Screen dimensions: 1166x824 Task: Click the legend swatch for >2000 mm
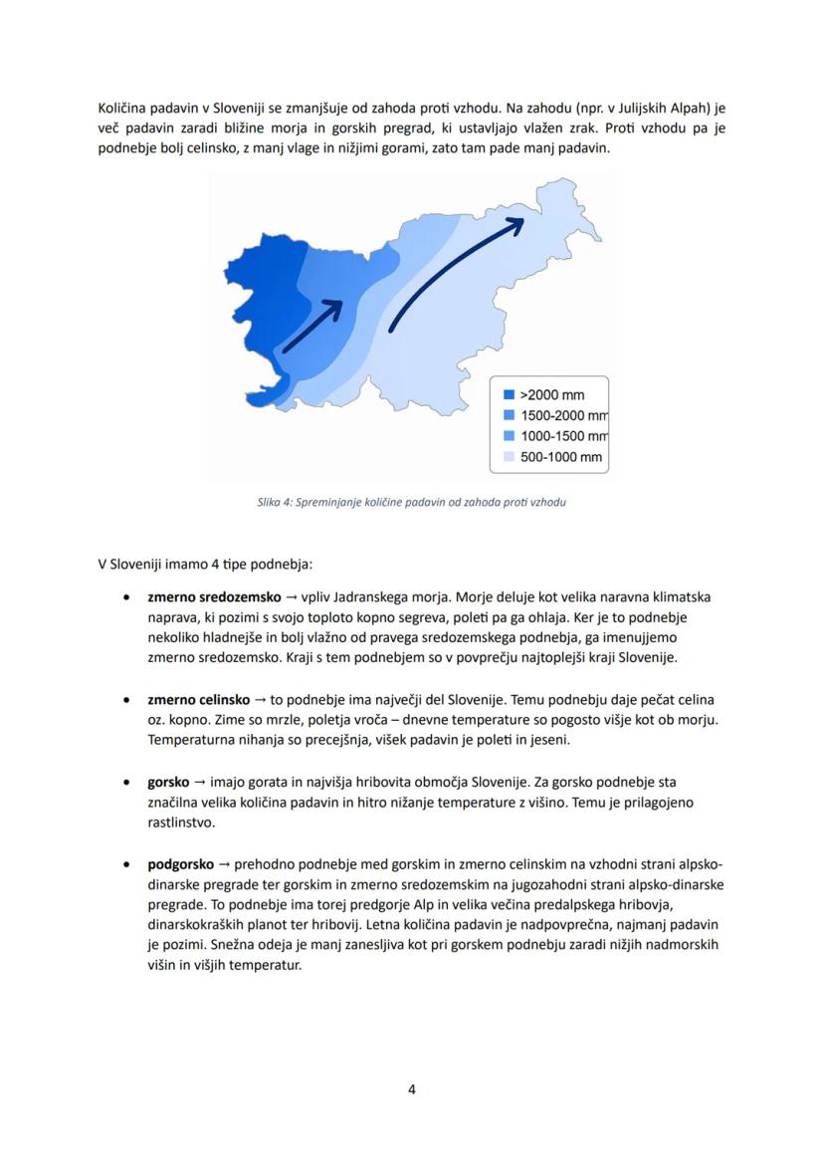point(509,394)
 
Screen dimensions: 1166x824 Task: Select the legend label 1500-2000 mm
point(563,415)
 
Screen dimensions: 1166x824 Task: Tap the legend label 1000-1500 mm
point(563,436)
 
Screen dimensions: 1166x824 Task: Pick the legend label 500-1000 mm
point(561,457)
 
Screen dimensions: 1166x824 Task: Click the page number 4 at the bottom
point(412,1089)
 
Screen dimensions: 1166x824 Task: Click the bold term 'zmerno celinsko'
point(199,700)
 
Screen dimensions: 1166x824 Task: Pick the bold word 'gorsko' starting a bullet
point(168,782)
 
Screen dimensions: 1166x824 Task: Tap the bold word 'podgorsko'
point(181,863)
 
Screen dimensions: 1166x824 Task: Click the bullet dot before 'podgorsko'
point(125,864)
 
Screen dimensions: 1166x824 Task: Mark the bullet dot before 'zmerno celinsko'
point(125,701)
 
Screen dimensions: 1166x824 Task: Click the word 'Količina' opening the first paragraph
point(125,107)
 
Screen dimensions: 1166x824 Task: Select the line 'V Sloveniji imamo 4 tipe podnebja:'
point(205,565)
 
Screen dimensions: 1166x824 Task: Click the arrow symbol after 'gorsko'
point(199,782)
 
